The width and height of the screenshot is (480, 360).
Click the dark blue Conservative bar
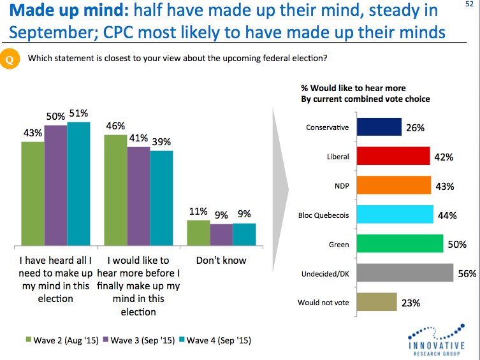click(x=379, y=127)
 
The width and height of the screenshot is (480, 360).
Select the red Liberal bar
click(x=393, y=157)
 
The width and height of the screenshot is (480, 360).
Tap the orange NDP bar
click(x=394, y=185)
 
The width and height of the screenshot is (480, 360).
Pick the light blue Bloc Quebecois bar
click(x=395, y=215)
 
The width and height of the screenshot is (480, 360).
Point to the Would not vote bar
click(x=377, y=303)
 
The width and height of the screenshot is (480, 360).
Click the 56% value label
click(x=467, y=274)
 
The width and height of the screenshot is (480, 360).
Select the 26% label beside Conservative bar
click(x=415, y=128)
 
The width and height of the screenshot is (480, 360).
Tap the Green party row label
click(x=338, y=244)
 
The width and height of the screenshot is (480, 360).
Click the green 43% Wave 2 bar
click(x=33, y=194)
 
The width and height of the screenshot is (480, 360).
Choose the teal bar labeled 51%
click(x=78, y=184)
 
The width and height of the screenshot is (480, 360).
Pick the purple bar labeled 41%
click(x=138, y=196)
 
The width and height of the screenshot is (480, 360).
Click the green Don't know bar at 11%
click(x=198, y=233)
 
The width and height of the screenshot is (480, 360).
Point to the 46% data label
click(x=115, y=125)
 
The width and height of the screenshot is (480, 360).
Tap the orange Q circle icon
click(x=10, y=59)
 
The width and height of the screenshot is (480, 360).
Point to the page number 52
click(x=470, y=4)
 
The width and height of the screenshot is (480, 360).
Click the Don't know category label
click(x=221, y=261)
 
